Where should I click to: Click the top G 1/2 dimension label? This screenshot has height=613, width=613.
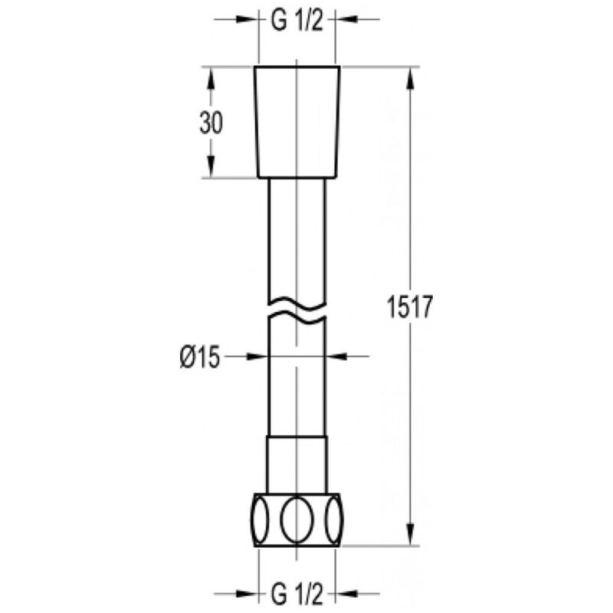[x=297, y=20]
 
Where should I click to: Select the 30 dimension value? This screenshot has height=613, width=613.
[x=211, y=123]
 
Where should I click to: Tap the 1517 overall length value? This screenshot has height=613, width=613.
[x=410, y=307]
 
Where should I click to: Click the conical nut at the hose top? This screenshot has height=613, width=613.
[x=297, y=123]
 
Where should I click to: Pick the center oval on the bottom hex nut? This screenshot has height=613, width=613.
[x=297, y=520]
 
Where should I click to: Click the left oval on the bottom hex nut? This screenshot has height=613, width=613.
[x=260, y=520]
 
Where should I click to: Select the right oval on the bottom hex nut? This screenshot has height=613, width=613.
[x=335, y=520]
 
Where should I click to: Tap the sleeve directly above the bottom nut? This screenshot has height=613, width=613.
[x=297, y=464]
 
